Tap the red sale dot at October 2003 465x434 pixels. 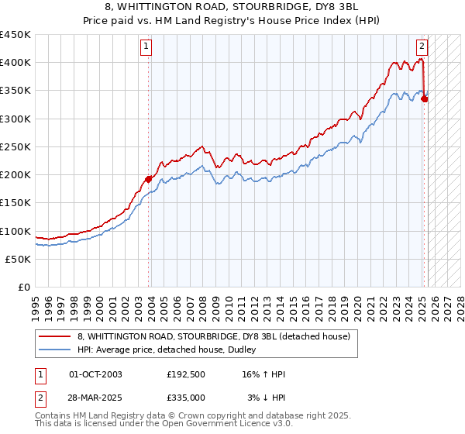coord(148,179)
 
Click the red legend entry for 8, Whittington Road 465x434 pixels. coord(214,336)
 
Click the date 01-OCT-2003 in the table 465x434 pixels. coord(95,375)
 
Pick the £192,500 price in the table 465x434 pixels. coord(186,375)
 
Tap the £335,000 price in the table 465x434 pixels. coord(186,397)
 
